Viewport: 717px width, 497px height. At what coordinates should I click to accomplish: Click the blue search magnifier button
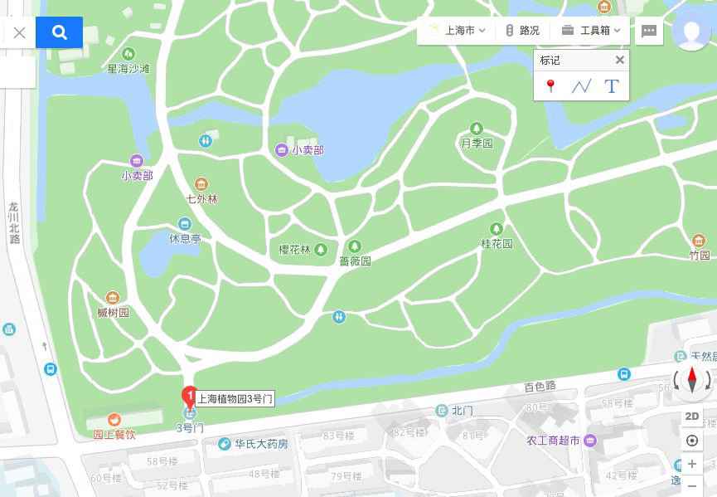pyautogui.click(x=59, y=32)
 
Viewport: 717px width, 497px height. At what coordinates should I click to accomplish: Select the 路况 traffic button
pyautogui.click(x=523, y=31)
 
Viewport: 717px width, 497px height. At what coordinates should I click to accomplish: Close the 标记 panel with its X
pyautogui.click(x=619, y=60)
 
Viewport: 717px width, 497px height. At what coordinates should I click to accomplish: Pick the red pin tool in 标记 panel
pyautogui.click(x=550, y=85)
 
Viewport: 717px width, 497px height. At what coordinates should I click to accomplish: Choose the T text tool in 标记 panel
pyautogui.click(x=612, y=85)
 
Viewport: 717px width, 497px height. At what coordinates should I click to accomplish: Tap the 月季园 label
pyautogui.click(x=477, y=143)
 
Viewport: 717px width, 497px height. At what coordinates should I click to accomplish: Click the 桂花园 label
pyautogui.click(x=497, y=243)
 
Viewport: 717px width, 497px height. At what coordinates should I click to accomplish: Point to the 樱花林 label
pyautogui.click(x=294, y=250)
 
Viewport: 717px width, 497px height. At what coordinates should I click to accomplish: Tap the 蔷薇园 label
pyautogui.click(x=355, y=261)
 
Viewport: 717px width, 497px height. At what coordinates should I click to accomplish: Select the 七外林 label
pyautogui.click(x=201, y=199)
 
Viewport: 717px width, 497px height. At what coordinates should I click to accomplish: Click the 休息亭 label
pyautogui.click(x=185, y=238)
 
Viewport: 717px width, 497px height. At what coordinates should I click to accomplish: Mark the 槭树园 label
pyautogui.click(x=114, y=312)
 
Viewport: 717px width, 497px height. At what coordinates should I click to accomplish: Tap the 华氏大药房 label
pyautogui.click(x=261, y=444)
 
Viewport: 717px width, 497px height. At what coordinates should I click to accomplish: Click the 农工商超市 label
pyautogui.click(x=553, y=441)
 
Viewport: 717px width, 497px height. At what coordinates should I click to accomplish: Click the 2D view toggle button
pyautogui.click(x=691, y=417)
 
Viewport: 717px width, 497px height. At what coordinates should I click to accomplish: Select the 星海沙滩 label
pyautogui.click(x=128, y=69)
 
